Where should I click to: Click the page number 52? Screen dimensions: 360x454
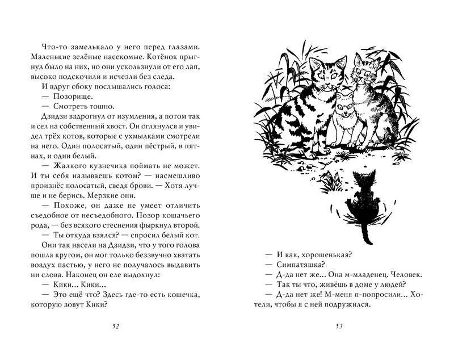click(x=116, y=326)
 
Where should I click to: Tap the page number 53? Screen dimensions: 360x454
click(x=339, y=326)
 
